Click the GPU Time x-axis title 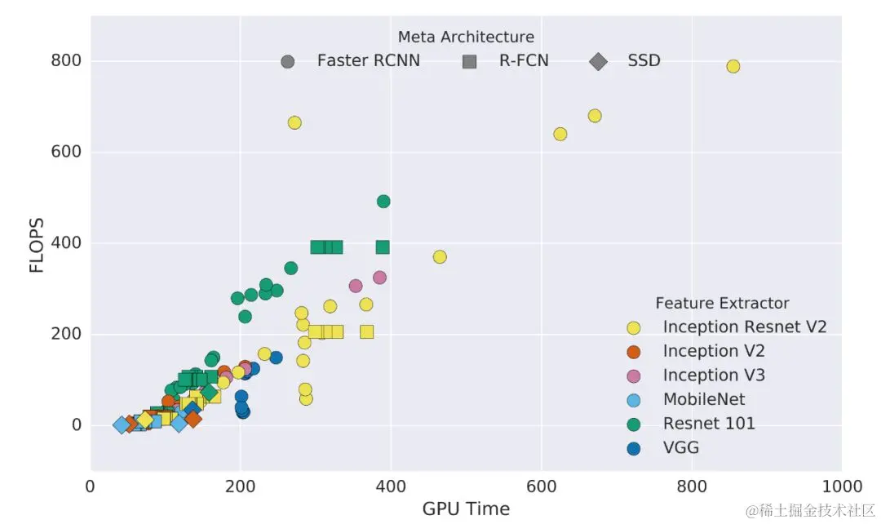[466, 509]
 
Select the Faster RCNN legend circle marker [287, 61]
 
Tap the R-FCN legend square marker [469, 61]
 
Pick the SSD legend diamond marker [598, 61]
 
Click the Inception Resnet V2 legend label [745, 326]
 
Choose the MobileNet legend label [704, 399]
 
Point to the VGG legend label [681, 447]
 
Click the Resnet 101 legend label [709, 423]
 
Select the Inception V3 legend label [714, 375]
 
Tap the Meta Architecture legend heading [466, 37]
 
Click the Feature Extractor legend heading [722, 303]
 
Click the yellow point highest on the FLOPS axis [733, 66]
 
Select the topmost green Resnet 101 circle [383, 201]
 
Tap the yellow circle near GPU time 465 [440, 257]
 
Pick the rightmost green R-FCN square [383, 246]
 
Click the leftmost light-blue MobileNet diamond [122, 424]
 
